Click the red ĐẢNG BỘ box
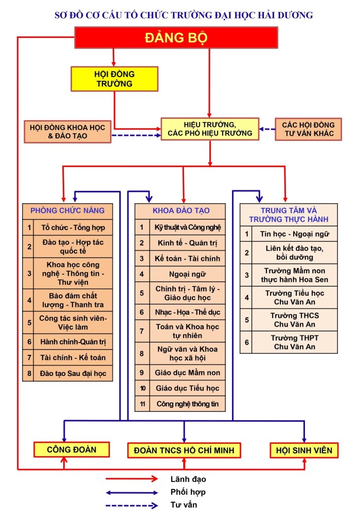176,38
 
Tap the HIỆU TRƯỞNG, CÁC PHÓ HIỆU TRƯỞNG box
210,129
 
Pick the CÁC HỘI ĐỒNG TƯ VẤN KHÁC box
308,129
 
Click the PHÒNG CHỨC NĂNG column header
67,210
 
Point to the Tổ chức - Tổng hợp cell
73,227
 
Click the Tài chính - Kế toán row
73,357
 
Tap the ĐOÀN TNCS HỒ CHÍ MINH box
184,450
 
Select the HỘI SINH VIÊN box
304,450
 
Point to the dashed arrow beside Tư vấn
131,505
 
